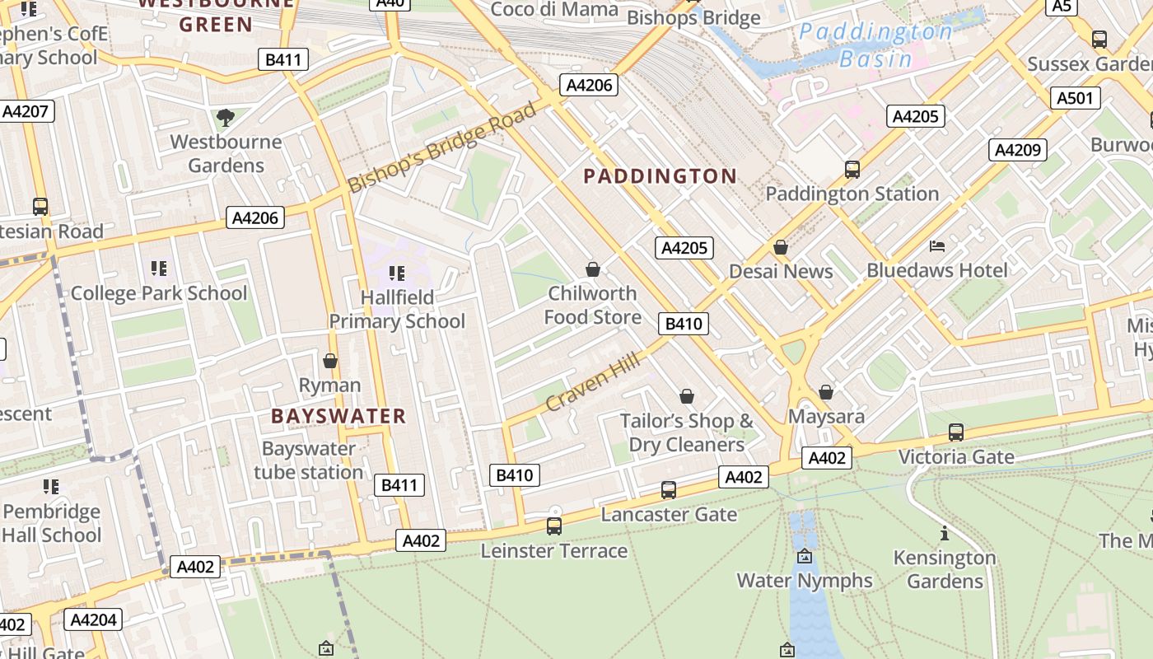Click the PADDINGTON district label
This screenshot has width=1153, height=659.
[x=660, y=175]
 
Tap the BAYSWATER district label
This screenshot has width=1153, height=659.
[x=338, y=416]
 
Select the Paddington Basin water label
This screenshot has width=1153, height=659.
[x=876, y=45]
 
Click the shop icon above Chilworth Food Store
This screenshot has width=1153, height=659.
[x=592, y=269]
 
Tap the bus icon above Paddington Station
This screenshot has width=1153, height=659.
[x=852, y=170]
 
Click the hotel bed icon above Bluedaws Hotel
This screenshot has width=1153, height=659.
[x=937, y=246]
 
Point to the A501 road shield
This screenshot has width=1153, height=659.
[x=1076, y=99]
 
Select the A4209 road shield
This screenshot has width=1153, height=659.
[x=1018, y=150]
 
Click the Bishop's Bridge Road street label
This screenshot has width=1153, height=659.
[x=441, y=148]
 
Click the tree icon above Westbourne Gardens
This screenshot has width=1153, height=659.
[x=226, y=118]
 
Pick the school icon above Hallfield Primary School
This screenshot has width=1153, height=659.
[x=397, y=273]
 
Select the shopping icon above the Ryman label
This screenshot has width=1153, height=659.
[x=330, y=361]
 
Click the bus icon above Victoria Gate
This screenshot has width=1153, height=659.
[x=956, y=432]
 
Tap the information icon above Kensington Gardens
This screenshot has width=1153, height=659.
[x=945, y=534]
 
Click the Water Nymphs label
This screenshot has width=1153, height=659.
[x=805, y=580]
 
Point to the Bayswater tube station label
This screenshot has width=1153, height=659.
[x=308, y=460]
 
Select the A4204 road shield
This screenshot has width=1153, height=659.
[x=93, y=619]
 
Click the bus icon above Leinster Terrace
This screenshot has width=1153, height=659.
[x=554, y=526]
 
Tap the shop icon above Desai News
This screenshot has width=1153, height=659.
[x=781, y=247]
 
